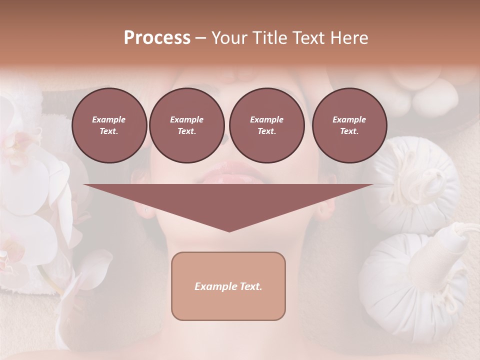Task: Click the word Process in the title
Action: click(x=157, y=38)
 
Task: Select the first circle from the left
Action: click(x=109, y=125)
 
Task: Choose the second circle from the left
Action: click(x=186, y=125)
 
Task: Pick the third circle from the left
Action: click(x=266, y=125)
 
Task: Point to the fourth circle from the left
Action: click(x=349, y=125)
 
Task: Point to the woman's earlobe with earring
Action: click(x=146, y=210)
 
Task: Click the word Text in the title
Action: click(x=307, y=38)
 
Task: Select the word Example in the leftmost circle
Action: click(x=109, y=119)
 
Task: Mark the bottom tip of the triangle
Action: click(x=229, y=231)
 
